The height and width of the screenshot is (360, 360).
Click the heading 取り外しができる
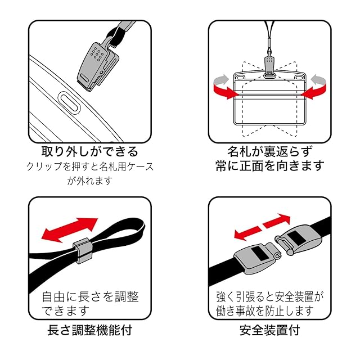[x=90, y=151]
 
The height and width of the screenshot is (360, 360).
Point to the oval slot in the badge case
[x=69, y=103]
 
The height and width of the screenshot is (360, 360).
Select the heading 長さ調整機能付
[x=90, y=330]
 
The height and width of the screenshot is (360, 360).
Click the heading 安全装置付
[x=270, y=330]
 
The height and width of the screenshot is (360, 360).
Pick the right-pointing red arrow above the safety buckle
[x=277, y=221]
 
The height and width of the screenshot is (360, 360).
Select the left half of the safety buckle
[x=256, y=258]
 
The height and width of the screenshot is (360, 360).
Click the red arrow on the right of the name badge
[x=313, y=91]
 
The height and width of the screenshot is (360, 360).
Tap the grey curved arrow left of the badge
[x=221, y=80]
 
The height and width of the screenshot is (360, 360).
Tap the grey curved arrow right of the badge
[x=318, y=80]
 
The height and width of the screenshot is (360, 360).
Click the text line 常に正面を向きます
[x=270, y=166]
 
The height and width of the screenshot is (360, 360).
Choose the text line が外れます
[x=90, y=181]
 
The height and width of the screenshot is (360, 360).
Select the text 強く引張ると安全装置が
[x=270, y=297]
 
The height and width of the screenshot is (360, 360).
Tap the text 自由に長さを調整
[x=91, y=297]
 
